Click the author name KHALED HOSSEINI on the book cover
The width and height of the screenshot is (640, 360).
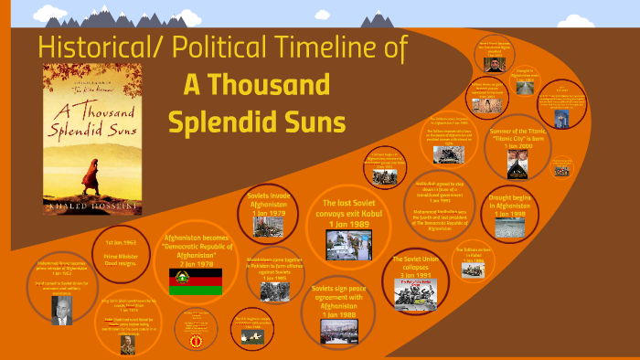86,209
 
